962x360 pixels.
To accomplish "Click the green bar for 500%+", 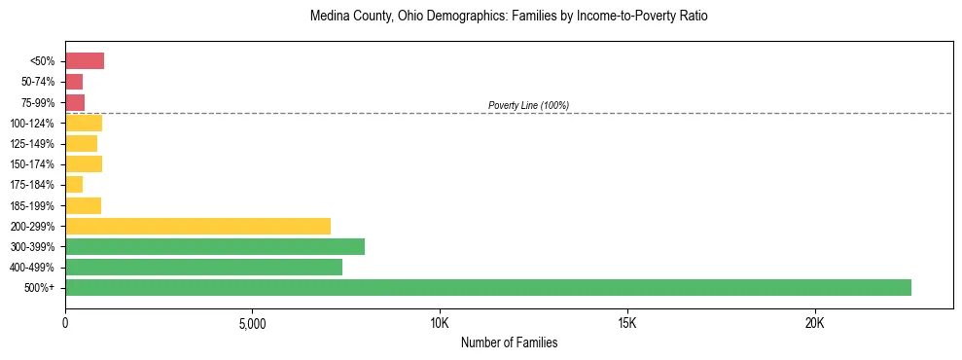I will click(487, 287).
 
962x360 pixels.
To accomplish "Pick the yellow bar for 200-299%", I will click(197, 226).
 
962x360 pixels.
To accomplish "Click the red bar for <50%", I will click(85, 61).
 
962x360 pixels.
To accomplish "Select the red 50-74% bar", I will click(74, 82).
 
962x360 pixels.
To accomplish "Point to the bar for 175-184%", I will click(74, 185).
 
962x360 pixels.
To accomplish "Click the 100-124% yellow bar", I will click(84, 123).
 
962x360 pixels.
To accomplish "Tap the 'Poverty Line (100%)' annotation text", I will click(528, 105).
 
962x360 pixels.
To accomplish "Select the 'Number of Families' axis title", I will click(509, 342).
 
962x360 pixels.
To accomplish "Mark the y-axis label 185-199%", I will click(32, 205).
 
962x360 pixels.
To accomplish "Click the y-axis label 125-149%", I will click(32, 144).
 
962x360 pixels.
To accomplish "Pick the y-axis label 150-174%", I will click(32, 164).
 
